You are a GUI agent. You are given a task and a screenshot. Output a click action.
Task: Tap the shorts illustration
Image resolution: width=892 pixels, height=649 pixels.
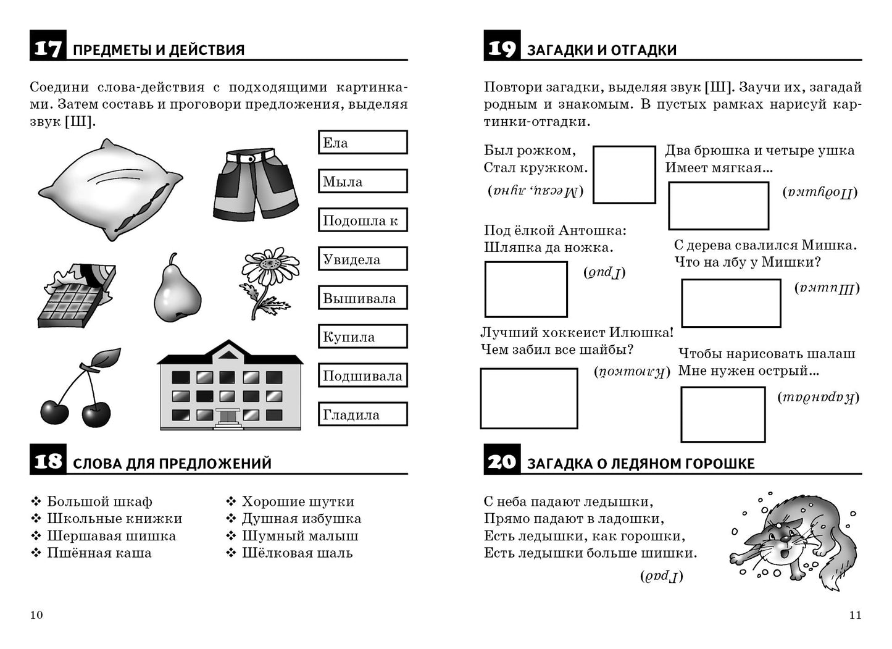pos(254,183)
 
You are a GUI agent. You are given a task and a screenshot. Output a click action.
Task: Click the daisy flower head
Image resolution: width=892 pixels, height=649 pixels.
pos(270,266)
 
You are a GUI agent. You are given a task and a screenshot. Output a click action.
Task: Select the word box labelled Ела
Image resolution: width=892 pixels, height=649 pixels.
pos(362,143)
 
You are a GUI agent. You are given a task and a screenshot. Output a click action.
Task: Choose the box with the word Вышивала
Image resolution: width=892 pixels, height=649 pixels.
pos(362,298)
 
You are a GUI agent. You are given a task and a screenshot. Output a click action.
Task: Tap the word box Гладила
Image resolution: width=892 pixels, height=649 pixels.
pos(362,414)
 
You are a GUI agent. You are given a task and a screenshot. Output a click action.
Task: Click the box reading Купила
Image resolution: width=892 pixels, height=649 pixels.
pos(362,337)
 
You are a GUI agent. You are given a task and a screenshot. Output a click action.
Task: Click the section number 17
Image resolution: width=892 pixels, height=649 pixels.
pos(48,48)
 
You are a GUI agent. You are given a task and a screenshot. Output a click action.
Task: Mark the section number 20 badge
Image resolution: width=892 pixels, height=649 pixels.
pos(501,461)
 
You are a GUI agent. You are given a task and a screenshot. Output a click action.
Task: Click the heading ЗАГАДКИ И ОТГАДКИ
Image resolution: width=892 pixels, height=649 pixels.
pos(601,50)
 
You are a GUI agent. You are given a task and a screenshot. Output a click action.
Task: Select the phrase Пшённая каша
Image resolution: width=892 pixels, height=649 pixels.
pos(99,553)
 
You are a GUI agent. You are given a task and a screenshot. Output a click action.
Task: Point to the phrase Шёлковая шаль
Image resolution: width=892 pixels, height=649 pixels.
pos(297,553)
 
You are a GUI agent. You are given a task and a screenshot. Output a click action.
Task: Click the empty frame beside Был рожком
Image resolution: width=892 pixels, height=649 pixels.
pos(623,174)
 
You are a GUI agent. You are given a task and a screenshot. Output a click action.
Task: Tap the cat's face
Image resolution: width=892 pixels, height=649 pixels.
pos(788,543)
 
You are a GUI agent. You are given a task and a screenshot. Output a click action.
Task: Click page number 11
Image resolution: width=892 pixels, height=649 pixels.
pos(855,614)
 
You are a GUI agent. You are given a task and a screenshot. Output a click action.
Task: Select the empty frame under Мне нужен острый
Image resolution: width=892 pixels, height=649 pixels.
pos(722,414)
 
